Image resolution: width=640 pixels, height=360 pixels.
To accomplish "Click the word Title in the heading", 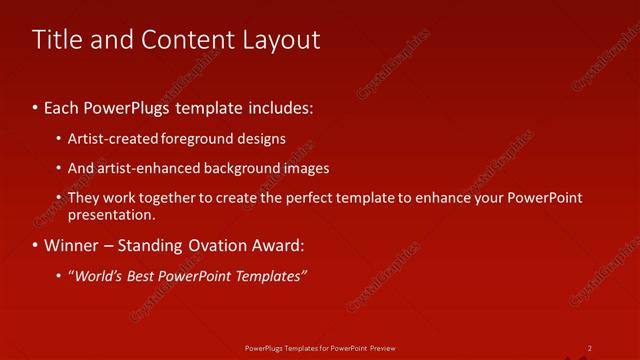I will pyautogui.click(x=56, y=40).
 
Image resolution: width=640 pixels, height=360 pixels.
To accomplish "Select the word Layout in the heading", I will pyautogui.click(x=281, y=40).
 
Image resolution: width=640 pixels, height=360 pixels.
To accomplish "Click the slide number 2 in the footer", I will pyautogui.click(x=589, y=348).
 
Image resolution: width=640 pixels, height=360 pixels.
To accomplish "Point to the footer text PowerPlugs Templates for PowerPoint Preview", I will pyautogui.click(x=320, y=348).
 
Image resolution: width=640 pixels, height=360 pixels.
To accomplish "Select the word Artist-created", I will pyautogui.click(x=107, y=139).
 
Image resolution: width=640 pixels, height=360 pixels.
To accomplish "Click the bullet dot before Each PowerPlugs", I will pyautogui.click(x=35, y=105).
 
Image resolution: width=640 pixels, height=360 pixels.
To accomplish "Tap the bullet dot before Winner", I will pyautogui.click(x=35, y=245).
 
